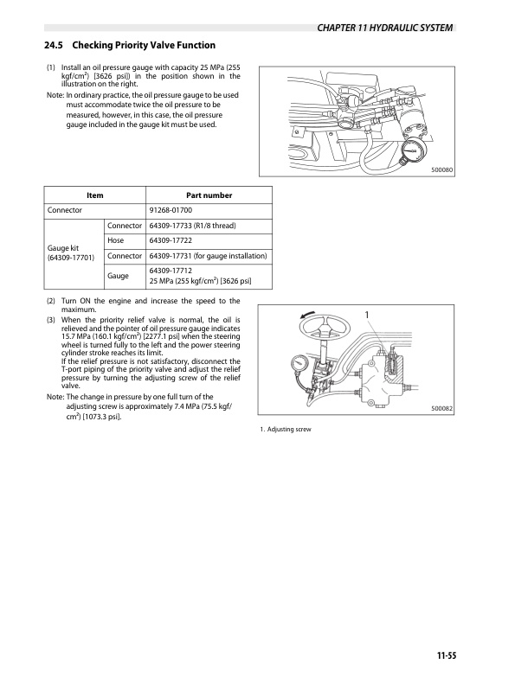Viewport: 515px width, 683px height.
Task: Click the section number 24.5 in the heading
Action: tap(54, 45)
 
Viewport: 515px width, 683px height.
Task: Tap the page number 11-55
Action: tap(446, 655)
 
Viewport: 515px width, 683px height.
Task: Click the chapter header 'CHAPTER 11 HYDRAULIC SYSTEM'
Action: tap(384, 28)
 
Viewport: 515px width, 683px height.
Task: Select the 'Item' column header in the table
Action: tap(94, 195)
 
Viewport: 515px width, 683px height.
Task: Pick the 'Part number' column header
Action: tap(209, 195)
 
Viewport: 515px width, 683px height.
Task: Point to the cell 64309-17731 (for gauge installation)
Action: tap(208, 256)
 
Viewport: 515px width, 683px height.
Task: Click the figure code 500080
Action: tap(442, 169)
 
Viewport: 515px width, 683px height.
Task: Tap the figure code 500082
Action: tap(442, 409)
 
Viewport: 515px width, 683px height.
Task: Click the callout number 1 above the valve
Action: tap(367, 315)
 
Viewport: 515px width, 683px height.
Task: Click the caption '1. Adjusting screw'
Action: tap(286, 429)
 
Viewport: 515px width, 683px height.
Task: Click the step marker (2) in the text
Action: tap(51, 301)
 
